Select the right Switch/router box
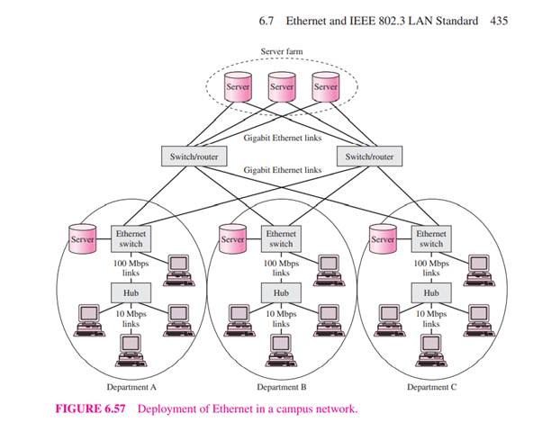point(369,157)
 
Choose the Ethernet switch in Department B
point(281,238)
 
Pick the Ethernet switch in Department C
point(431,238)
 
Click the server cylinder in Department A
point(82,240)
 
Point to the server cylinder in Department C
point(384,240)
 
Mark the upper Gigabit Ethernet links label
point(281,139)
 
